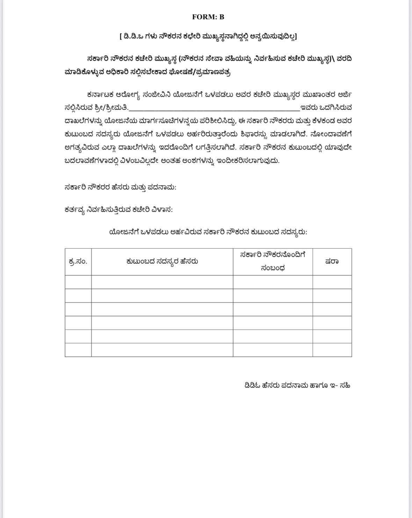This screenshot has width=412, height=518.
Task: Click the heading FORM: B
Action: click(208, 17)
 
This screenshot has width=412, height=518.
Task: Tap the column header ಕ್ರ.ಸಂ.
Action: click(78, 261)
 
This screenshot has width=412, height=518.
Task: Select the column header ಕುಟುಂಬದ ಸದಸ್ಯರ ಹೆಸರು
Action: click(162, 261)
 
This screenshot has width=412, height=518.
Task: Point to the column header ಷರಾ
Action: click(332, 261)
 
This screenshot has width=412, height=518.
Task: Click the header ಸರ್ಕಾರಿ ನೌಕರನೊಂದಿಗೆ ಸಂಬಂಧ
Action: click(273, 261)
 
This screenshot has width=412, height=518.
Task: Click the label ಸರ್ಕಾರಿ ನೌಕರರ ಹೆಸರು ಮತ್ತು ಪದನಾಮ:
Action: click(121, 187)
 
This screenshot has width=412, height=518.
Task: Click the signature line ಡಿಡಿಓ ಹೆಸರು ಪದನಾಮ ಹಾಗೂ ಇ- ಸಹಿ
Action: click(297, 386)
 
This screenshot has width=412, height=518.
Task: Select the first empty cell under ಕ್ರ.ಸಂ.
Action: click(78, 282)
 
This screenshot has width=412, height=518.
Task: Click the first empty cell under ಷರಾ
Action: click(332, 282)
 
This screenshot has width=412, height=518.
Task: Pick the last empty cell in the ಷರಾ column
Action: click(332, 350)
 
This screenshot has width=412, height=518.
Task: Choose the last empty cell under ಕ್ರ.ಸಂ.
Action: click(78, 350)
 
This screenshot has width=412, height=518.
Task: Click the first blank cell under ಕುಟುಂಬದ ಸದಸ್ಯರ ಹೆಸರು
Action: click(162, 282)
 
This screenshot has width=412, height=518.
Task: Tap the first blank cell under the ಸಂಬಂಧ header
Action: click(273, 282)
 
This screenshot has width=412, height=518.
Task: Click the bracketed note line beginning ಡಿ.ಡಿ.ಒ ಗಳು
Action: click(208, 36)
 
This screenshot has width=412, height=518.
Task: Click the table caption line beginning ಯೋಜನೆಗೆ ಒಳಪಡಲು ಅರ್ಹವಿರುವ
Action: click(208, 232)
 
